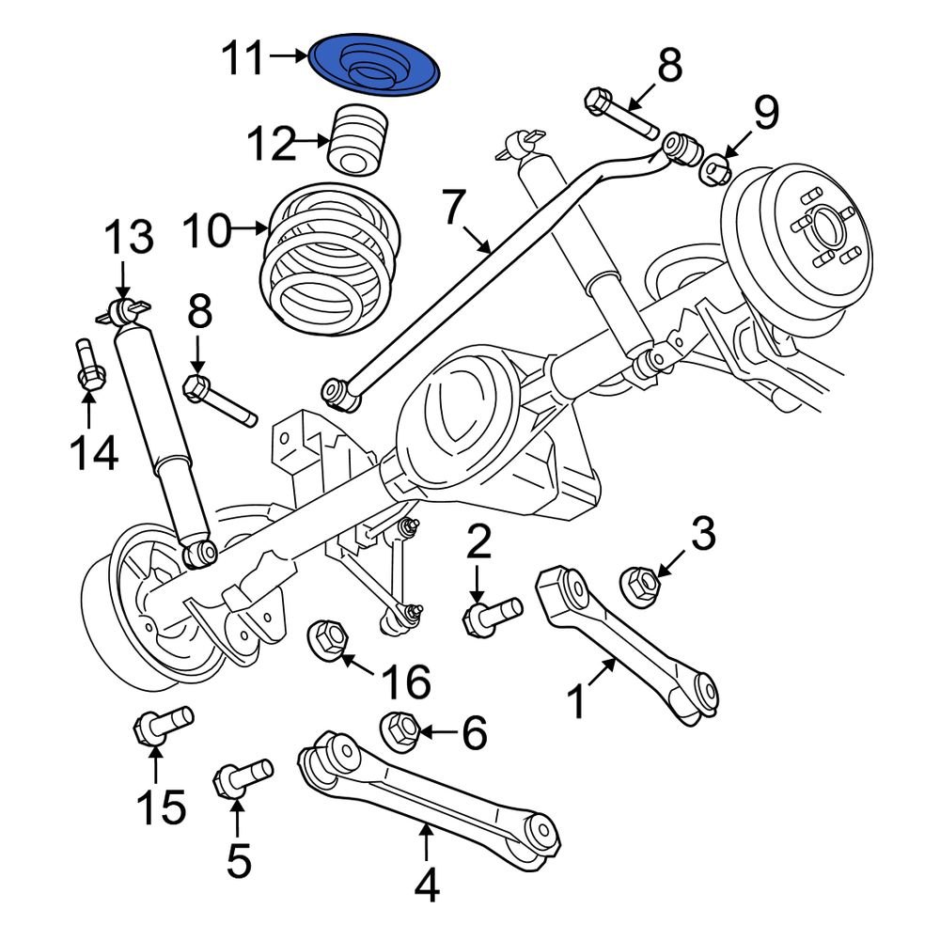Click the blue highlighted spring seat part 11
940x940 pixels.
point(376,66)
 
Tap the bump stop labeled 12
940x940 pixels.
point(360,140)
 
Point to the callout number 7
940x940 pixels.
point(454,209)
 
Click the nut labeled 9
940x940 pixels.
point(718,168)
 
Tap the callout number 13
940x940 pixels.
point(128,239)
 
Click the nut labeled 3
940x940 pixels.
point(641,586)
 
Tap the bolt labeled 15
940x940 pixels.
point(162,727)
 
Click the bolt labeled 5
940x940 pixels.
point(241,777)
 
